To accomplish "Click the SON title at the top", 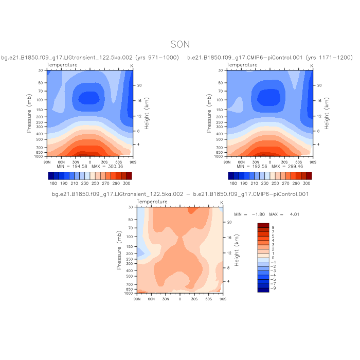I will tap(180, 45).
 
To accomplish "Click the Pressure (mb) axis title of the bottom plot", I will tap(119, 250).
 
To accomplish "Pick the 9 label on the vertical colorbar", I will tap(273, 226).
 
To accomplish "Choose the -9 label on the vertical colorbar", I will tap(274, 289).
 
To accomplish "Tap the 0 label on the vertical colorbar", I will tap(273, 258).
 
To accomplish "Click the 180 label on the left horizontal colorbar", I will tap(52, 183).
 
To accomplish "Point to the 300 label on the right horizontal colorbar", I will tap(307, 183).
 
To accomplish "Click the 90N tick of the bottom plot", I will tap(137, 298).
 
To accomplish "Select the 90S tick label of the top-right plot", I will tap(313, 161).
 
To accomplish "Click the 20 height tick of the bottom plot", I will tap(229, 222).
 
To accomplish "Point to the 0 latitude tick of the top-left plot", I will tap(91, 161).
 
